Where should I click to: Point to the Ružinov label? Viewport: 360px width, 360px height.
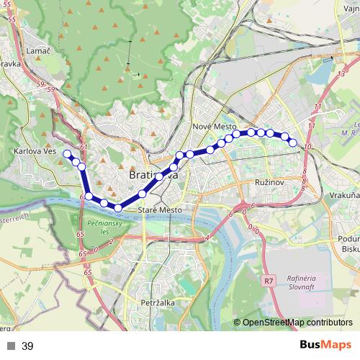(x=271, y=184)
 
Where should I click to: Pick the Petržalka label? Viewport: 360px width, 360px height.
(x=158, y=303)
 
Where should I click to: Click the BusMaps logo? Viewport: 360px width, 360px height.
(x=325, y=346)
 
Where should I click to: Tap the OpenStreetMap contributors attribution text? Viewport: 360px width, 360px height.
(x=297, y=323)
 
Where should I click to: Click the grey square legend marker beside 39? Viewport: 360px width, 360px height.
(x=10, y=346)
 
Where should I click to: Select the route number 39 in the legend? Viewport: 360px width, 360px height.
(x=27, y=346)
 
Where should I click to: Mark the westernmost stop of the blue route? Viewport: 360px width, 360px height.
(x=67, y=153)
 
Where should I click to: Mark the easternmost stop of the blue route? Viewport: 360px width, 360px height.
(x=293, y=143)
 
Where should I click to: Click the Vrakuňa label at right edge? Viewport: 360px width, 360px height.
(x=346, y=195)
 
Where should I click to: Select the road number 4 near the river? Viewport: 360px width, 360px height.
(x=206, y=238)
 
